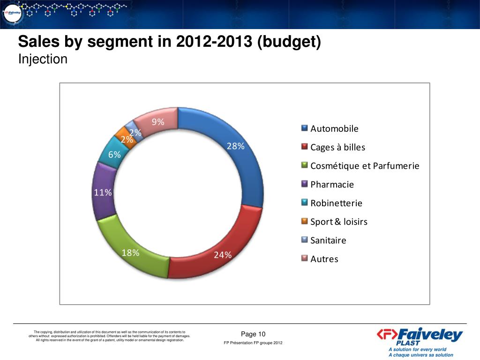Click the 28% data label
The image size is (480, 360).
(236, 146)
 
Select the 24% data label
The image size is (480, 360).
(223, 255)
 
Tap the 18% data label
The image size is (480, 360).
(130, 253)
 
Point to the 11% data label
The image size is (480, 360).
(103, 193)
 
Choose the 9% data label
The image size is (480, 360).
(157, 122)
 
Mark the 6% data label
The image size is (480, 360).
(114, 155)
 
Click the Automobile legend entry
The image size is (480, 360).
(334, 129)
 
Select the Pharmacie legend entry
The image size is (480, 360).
(332, 185)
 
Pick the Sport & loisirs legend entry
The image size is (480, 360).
(338, 222)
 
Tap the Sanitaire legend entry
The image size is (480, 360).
(328, 240)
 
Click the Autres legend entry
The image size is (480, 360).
(324, 259)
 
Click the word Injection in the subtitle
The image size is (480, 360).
(43, 60)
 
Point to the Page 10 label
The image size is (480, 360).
(253, 334)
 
